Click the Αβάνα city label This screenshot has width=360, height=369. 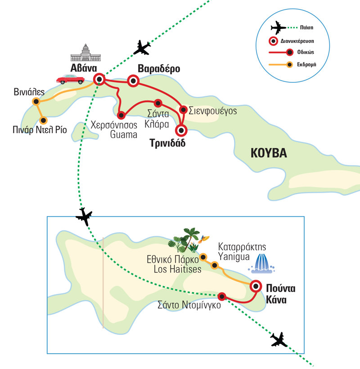(83, 68)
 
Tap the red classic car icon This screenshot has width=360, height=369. (71, 80)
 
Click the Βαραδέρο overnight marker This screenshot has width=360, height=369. (133, 81)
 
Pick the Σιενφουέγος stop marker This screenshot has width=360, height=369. (183, 109)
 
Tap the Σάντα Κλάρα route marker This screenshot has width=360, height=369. (157, 103)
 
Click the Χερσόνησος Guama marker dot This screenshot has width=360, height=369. (121, 114)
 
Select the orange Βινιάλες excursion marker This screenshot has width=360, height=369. (36, 102)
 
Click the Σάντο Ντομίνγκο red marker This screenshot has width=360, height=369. (221, 296)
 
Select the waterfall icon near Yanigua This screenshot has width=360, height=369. (261, 264)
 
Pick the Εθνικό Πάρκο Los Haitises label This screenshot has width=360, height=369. (172, 264)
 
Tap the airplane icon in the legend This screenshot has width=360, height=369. (278, 28)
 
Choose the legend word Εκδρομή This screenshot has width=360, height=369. (306, 64)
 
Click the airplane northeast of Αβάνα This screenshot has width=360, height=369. (142, 47)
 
